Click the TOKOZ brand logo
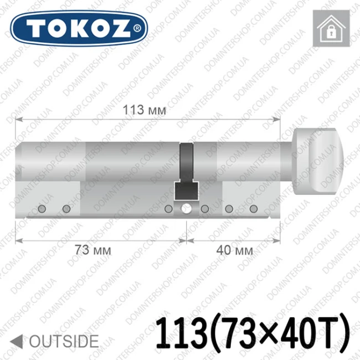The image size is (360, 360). pyautogui.click(x=79, y=28)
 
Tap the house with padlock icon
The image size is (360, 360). pyautogui.click(x=331, y=28)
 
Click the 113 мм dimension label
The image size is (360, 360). pyautogui.click(x=144, y=110)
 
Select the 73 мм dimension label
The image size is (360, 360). pyautogui.click(x=92, y=250)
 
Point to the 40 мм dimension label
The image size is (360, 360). pyautogui.click(x=234, y=250)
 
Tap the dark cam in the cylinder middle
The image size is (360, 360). pyautogui.click(x=186, y=172)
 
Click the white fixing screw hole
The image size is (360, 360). pyautogui.click(x=186, y=209)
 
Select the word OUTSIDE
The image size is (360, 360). pyautogui.click(x=64, y=341)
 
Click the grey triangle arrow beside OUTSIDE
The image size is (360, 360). pyautogui.click(x=17, y=341)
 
